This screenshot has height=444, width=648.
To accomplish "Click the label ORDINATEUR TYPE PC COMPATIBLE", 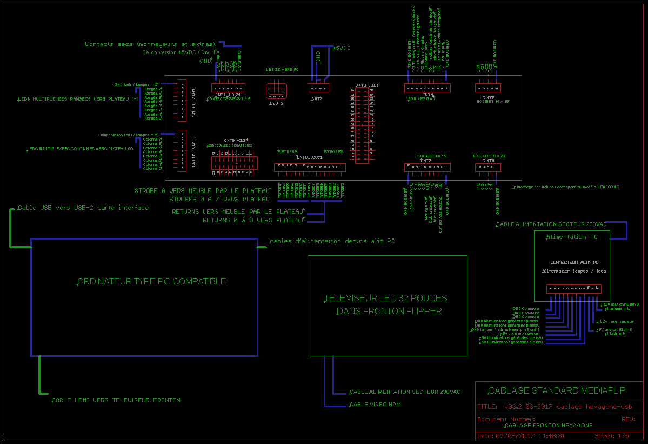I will (152, 281).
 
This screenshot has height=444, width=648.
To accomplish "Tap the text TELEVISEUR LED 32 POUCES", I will (385, 298).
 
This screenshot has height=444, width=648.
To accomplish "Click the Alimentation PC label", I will (572, 237).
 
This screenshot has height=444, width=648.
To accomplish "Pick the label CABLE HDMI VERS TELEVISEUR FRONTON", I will (116, 400).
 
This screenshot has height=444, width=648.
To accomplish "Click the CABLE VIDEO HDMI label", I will (376, 404).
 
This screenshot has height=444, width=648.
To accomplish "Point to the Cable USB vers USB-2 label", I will (83, 208).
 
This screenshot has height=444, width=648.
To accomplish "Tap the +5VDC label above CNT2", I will (342, 48).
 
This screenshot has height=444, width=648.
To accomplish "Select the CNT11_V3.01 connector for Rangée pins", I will (183, 101).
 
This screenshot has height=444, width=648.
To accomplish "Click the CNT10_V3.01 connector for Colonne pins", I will (183, 150).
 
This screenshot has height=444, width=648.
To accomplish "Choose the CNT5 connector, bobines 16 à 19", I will (488, 88).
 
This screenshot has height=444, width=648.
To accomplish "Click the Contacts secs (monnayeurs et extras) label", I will (150, 44).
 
